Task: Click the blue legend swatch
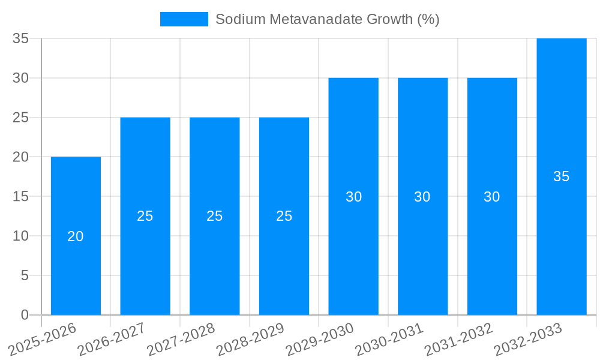click(184, 19)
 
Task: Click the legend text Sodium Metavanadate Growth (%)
click(327, 19)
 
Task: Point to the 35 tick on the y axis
click(21, 38)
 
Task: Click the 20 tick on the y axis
click(21, 157)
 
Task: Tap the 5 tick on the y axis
click(25, 275)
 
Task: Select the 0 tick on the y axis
click(25, 315)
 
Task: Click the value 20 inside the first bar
click(76, 236)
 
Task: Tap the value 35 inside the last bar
click(561, 176)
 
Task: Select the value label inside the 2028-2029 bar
click(284, 216)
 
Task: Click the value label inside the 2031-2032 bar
click(492, 197)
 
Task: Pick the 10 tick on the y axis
click(21, 236)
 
